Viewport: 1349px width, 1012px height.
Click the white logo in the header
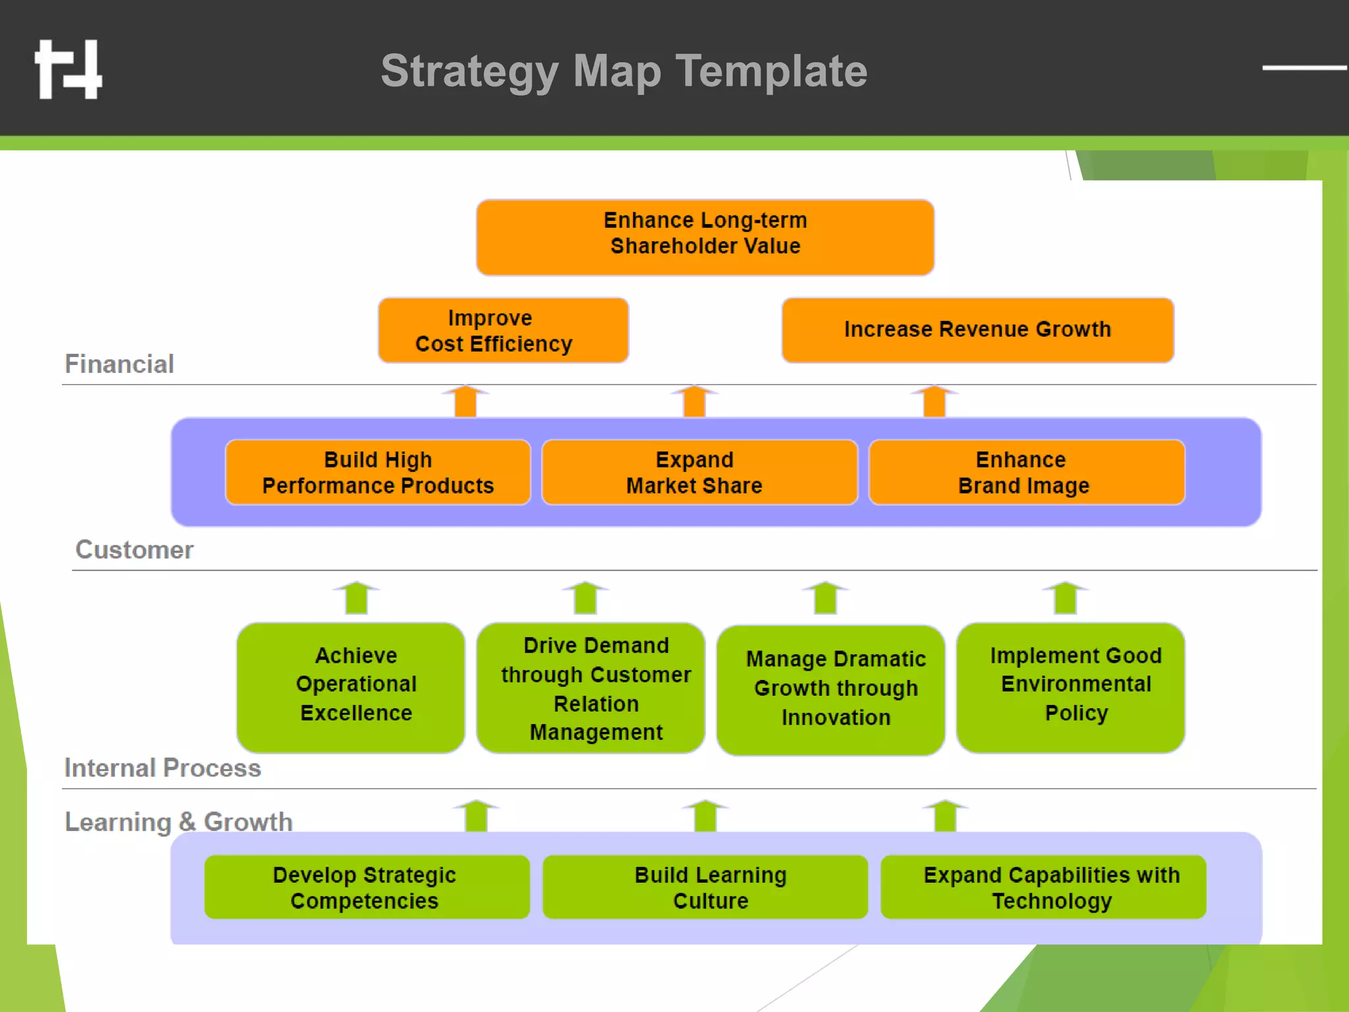[x=69, y=70]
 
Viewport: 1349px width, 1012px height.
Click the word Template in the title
[x=771, y=71]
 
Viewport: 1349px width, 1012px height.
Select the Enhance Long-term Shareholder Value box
[x=705, y=237]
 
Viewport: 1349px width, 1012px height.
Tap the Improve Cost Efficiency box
[x=503, y=331]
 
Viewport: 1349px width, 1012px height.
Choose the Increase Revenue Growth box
[x=977, y=330]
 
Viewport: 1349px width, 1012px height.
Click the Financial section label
[x=119, y=364]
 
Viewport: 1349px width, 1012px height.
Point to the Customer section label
[x=134, y=550]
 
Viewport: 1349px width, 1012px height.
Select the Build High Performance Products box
[x=378, y=472]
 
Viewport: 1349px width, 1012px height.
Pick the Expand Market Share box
[x=700, y=472]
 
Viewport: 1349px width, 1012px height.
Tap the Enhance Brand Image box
[x=1026, y=472]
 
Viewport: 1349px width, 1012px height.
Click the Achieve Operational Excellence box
[x=351, y=687]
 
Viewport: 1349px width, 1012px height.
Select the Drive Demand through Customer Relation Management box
[x=591, y=687]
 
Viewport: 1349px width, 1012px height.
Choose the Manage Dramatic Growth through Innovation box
[x=831, y=689]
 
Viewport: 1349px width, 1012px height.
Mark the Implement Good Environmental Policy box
[x=1070, y=687]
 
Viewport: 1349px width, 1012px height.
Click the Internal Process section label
[x=163, y=768]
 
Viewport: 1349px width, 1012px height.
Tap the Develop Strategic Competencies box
[x=367, y=887]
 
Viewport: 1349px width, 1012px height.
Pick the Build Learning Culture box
[x=705, y=887]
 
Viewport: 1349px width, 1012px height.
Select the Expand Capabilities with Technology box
[x=1043, y=887]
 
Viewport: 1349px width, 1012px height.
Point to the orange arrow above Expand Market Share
[x=694, y=401]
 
